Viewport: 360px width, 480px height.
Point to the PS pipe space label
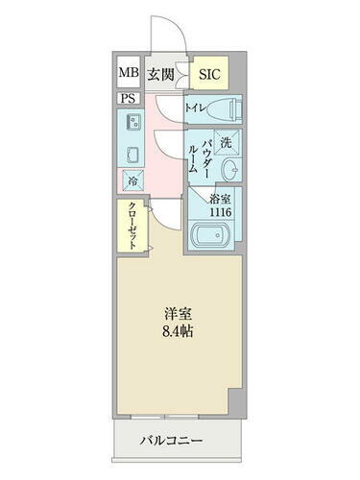point(128,98)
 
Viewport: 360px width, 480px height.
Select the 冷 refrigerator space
point(130,180)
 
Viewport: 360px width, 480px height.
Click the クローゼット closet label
point(130,228)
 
